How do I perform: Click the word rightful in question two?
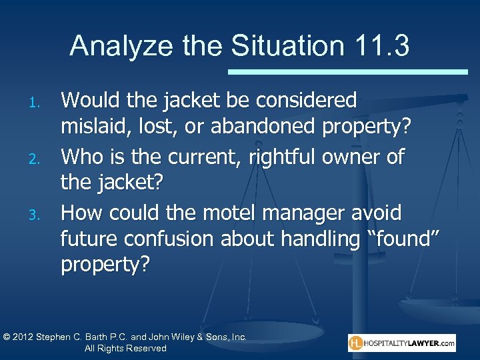click(289, 157)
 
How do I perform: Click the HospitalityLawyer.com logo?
click(401, 343)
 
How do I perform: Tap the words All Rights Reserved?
click(125, 348)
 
